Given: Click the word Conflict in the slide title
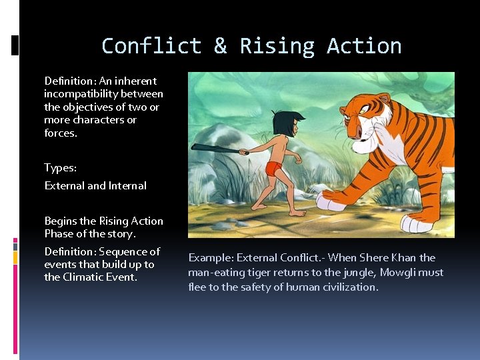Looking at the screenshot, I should [x=151, y=46].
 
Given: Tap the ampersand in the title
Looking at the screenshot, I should [x=220, y=46].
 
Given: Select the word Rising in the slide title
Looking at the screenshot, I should [x=277, y=46].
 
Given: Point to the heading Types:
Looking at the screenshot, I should [x=60, y=168].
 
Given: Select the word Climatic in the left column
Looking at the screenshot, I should [x=85, y=277].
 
